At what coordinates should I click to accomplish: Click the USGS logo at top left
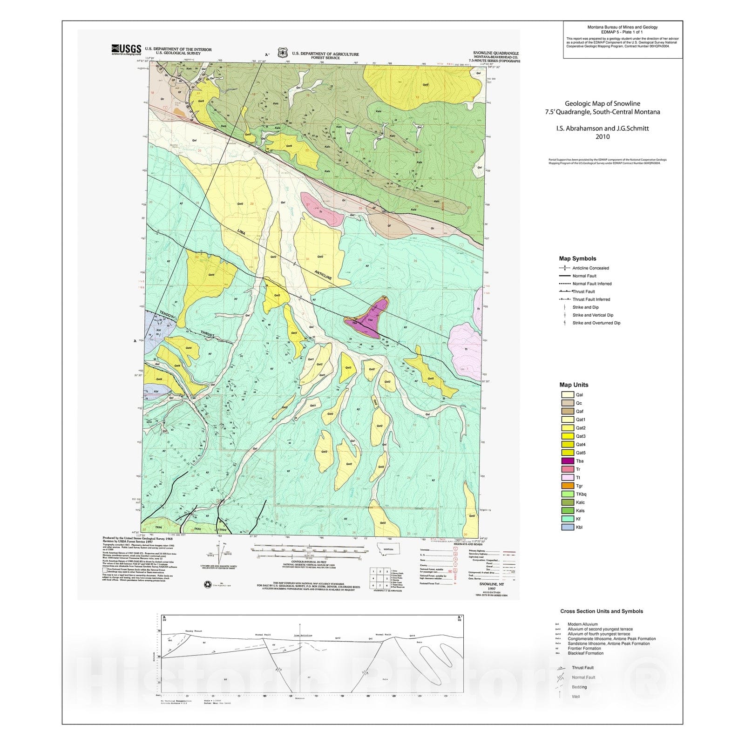(126, 49)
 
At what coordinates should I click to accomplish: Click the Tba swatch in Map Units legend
(567, 461)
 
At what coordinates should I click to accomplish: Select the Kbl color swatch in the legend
(567, 527)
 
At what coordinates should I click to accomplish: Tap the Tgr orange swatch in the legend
(567, 486)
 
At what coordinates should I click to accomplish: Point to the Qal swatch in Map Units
(567, 395)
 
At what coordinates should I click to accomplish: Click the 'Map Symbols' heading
(577, 258)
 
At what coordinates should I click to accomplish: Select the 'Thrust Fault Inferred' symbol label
(591, 299)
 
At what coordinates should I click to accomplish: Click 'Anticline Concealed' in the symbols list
(590, 268)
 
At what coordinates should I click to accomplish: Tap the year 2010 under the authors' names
(603, 136)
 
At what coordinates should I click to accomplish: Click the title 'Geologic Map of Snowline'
(603, 103)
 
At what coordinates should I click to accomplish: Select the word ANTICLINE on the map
(323, 275)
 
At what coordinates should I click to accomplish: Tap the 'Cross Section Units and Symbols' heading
(601, 611)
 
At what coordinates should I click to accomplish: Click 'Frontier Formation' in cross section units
(584, 648)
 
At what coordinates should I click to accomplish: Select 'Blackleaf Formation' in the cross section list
(585, 653)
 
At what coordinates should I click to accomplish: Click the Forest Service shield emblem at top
(283, 53)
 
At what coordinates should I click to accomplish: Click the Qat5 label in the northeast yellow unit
(425, 85)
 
